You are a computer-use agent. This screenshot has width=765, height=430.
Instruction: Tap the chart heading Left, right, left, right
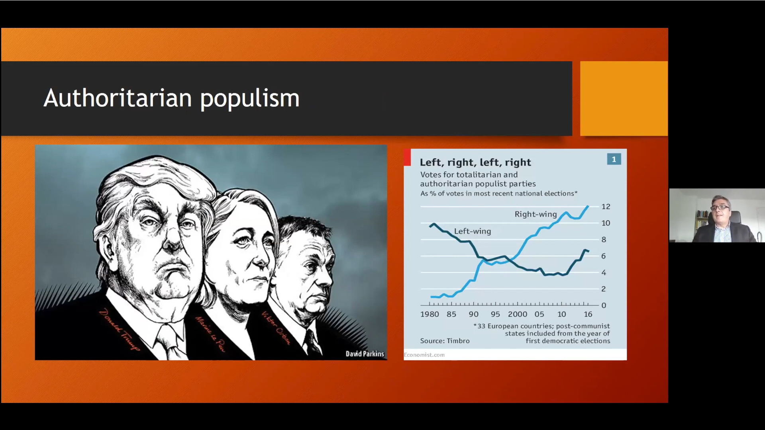click(x=475, y=162)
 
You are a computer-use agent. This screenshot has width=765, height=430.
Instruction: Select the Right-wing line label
click(x=535, y=214)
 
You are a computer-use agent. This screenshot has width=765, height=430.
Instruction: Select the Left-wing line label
click(x=473, y=231)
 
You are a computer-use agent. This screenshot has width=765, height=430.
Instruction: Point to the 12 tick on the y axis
click(x=606, y=207)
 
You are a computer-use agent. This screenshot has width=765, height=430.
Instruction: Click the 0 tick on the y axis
click(x=604, y=305)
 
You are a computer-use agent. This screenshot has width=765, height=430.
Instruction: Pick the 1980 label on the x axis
click(x=430, y=314)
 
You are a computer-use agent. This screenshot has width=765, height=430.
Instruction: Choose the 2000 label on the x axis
click(x=518, y=314)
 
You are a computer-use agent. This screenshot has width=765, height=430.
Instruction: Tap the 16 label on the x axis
click(x=588, y=314)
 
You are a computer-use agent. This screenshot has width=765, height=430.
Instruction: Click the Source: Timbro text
click(x=445, y=341)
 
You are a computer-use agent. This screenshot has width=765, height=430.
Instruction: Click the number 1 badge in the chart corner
click(x=614, y=159)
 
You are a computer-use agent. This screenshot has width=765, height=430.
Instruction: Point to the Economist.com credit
click(x=424, y=355)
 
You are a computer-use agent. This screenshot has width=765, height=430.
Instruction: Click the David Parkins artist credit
click(x=365, y=354)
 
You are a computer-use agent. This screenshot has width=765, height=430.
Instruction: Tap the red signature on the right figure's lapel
click(x=276, y=328)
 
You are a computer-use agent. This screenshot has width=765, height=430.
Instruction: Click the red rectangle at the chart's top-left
click(x=407, y=157)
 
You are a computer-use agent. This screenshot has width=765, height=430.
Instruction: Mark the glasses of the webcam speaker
click(x=720, y=207)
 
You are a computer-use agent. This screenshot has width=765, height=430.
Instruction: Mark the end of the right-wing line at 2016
click(x=588, y=206)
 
